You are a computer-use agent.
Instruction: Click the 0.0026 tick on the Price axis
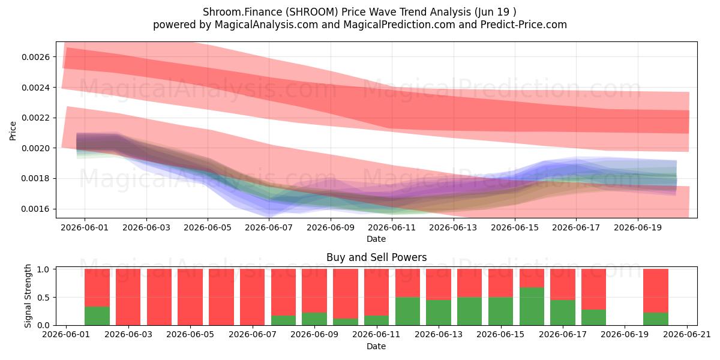(x=35, y=57)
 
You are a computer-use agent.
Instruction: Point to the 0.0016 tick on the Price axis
(x=35, y=209)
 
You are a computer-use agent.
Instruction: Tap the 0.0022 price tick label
(x=35, y=118)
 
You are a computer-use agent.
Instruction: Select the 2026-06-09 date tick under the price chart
(x=331, y=227)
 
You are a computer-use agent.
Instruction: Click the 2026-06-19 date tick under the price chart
(x=638, y=227)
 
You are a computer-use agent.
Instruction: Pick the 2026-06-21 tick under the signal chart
(x=687, y=335)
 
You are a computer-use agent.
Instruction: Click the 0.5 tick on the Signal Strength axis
(x=43, y=298)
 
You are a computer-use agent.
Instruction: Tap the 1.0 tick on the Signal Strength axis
(x=43, y=269)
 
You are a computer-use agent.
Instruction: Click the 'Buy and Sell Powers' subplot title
(x=376, y=257)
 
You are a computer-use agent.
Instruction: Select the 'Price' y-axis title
(x=13, y=131)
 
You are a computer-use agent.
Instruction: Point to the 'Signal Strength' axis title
(x=28, y=296)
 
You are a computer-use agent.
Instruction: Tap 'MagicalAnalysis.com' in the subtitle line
(x=266, y=25)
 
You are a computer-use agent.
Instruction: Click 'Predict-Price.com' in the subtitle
(x=524, y=25)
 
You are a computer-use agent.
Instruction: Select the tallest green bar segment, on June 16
(x=532, y=307)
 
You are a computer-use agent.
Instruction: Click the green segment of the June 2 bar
(x=97, y=316)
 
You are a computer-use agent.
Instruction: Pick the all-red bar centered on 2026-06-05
(x=190, y=297)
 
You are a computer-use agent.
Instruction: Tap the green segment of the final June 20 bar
(x=656, y=319)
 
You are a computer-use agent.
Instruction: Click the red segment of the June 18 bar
(x=593, y=289)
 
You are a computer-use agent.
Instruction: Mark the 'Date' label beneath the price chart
(x=376, y=239)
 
